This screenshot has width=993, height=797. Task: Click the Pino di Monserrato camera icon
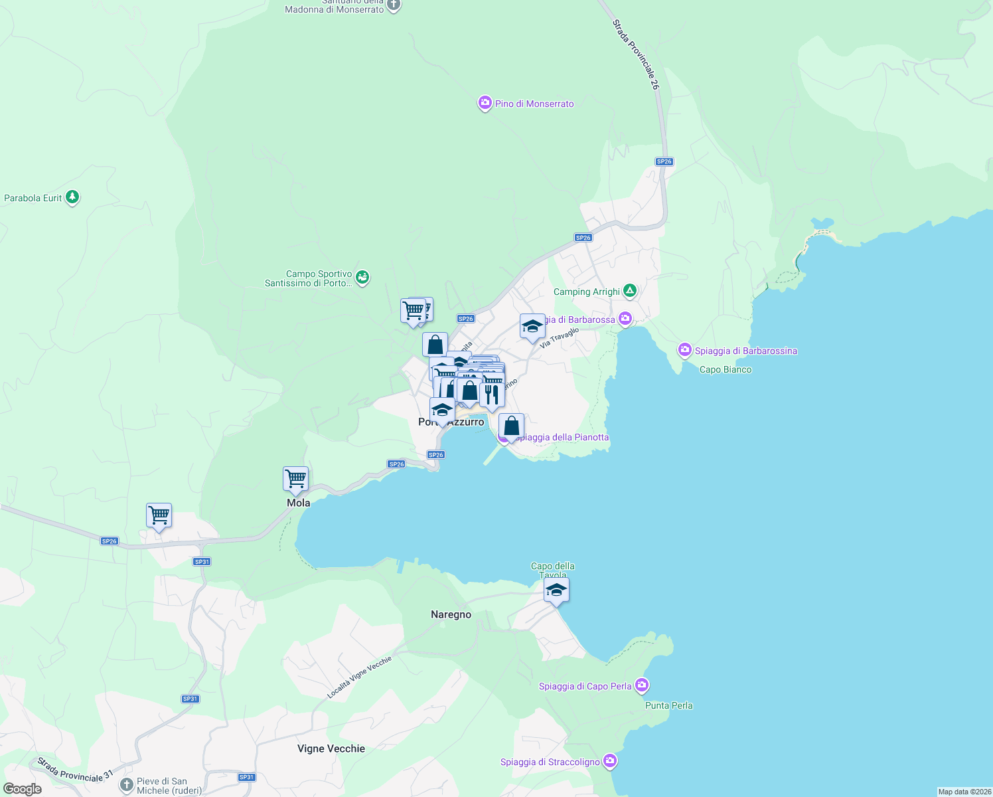[x=485, y=103]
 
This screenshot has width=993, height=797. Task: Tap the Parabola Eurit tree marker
[x=72, y=197]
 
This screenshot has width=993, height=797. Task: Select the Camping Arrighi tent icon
[x=630, y=291]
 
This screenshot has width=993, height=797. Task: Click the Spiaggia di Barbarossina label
[x=745, y=351]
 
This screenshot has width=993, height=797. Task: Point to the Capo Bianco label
[x=726, y=369]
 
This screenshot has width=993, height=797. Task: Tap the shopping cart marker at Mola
[x=295, y=479]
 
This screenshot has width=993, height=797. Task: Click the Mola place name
[x=299, y=503]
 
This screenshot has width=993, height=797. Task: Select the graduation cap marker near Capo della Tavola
[x=556, y=590]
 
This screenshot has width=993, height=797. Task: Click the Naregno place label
[x=451, y=614]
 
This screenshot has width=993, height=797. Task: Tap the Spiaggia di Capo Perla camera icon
[x=641, y=685]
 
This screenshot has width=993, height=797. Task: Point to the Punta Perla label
[x=669, y=705]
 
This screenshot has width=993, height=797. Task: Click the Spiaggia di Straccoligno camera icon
[x=610, y=761]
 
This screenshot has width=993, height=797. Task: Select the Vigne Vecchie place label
[x=331, y=749]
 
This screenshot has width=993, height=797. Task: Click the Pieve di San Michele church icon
[x=127, y=786]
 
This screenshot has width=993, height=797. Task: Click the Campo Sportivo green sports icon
[x=362, y=278]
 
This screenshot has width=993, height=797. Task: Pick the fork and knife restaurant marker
[x=492, y=395]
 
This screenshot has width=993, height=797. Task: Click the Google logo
[x=22, y=788]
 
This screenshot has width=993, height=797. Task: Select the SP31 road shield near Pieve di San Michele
[x=246, y=777]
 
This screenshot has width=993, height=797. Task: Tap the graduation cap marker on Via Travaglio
[x=532, y=327]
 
